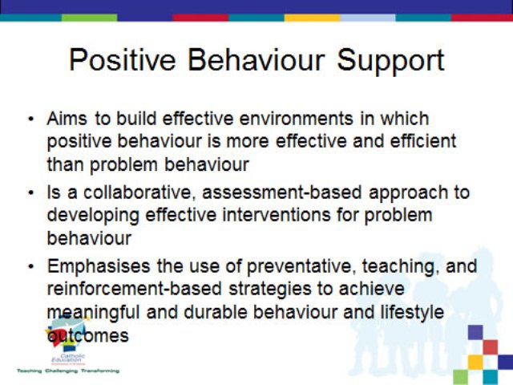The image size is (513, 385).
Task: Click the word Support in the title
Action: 390,61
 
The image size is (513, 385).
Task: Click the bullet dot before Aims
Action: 30,120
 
